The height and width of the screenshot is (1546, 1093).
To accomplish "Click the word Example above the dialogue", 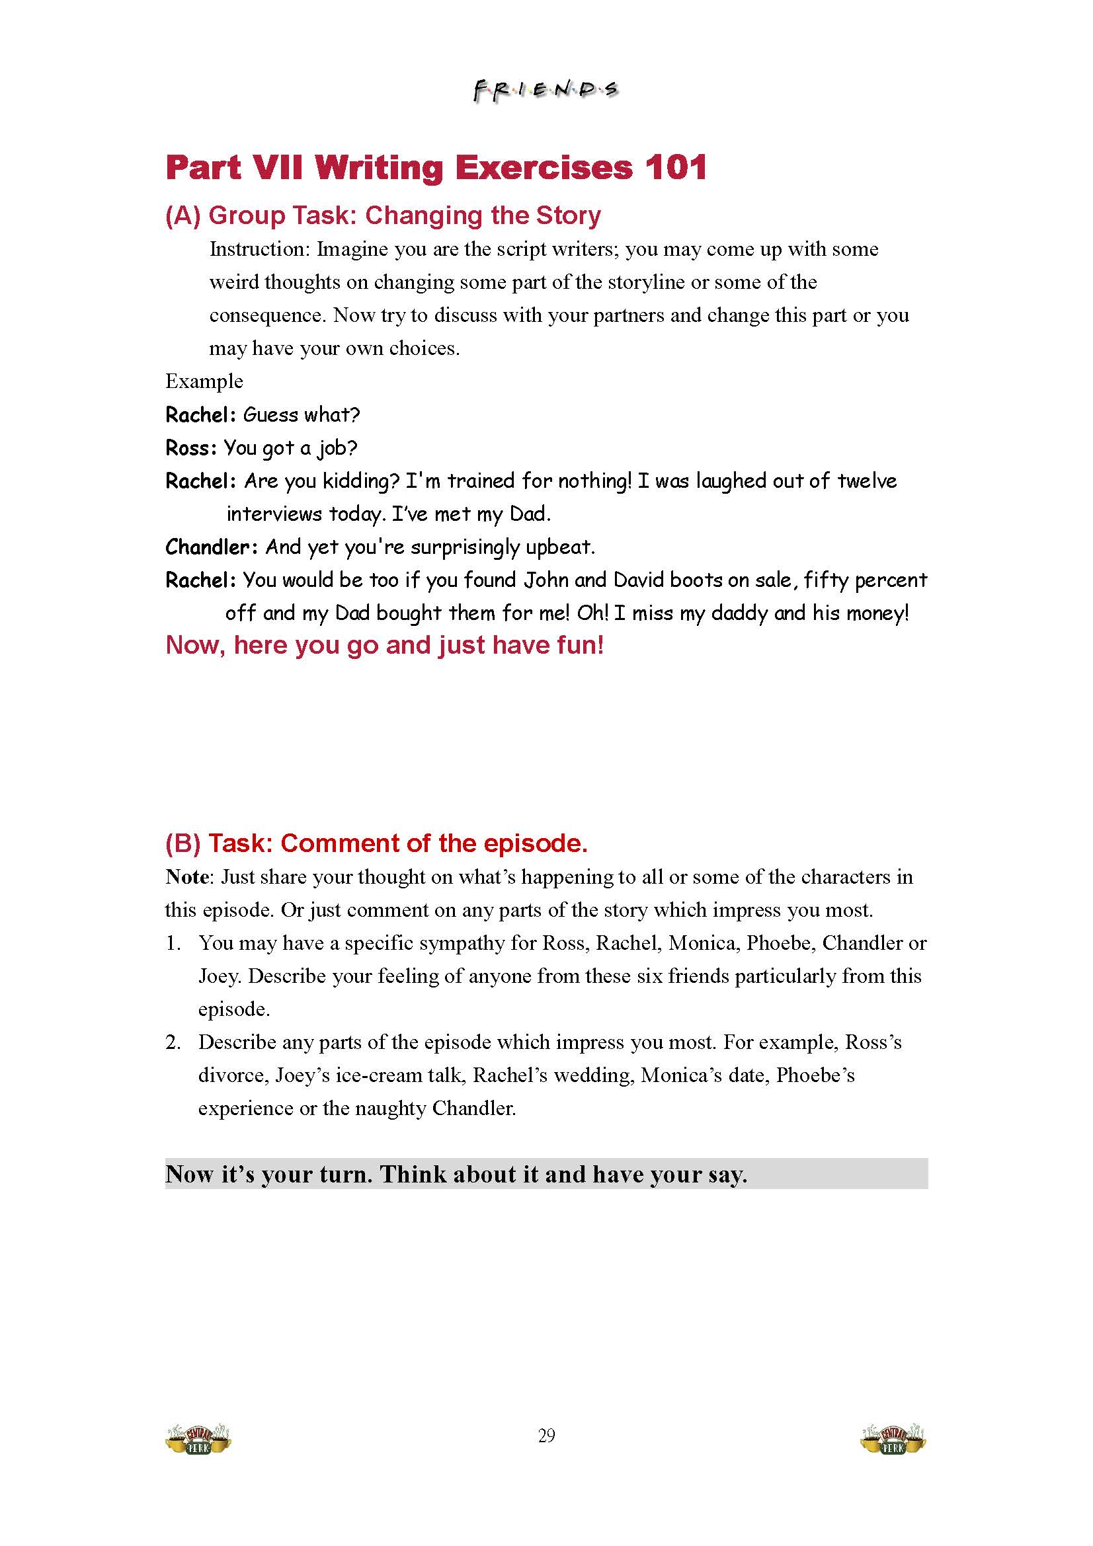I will [x=204, y=381].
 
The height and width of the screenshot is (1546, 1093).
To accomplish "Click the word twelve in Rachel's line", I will [x=867, y=481].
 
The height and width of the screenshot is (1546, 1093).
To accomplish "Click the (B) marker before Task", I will [x=182, y=843].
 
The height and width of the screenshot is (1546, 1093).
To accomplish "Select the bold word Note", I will [x=188, y=876].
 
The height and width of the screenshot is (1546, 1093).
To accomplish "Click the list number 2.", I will [x=173, y=1042].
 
